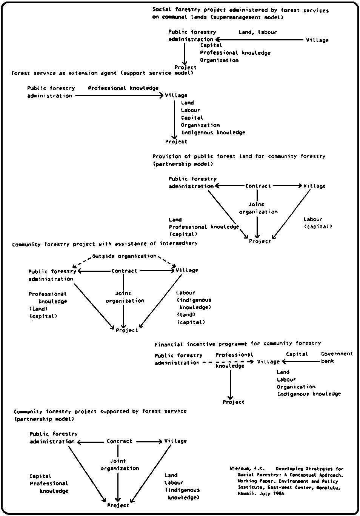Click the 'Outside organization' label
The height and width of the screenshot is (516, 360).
coord(124,256)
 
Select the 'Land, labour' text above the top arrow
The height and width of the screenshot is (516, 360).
coord(257,32)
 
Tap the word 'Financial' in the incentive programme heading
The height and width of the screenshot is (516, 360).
coord(169,344)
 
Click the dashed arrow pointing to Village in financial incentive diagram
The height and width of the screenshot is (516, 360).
coord(228,362)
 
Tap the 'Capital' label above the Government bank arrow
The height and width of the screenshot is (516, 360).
coord(297,354)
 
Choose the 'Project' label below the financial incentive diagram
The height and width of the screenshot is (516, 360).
coord(233,402)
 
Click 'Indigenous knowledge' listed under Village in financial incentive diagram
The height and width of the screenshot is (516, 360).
coord(309,394)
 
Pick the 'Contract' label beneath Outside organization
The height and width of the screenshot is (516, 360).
coord(124,271)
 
